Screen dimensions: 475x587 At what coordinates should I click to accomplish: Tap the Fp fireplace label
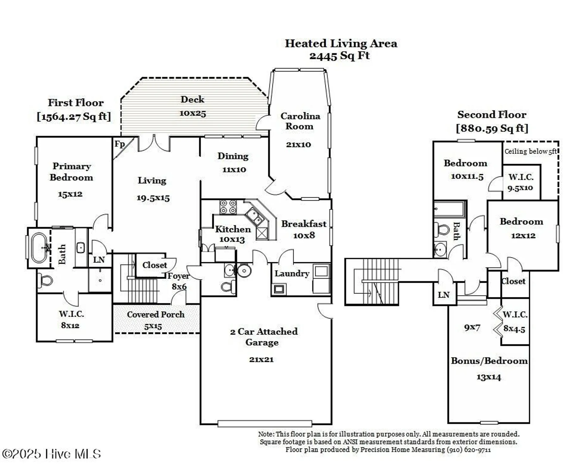[119, 144]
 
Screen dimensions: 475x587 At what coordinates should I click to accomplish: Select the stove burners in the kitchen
[228, 207]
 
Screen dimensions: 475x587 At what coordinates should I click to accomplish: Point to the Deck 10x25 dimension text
[193, 113]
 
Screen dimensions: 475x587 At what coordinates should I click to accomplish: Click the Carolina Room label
[300, 121]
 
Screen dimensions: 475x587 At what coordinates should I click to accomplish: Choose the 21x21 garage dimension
[261, 359]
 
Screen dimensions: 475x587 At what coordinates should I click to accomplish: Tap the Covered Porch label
[156, 314]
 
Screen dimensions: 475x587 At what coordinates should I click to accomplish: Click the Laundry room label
[292, 274]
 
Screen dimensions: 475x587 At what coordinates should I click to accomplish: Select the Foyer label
[178, 276]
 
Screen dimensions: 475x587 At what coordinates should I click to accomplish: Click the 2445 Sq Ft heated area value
[339, 56]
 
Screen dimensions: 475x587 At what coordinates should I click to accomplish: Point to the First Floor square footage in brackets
[74, 117]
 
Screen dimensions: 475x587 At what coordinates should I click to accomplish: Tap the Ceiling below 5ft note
[530, 151]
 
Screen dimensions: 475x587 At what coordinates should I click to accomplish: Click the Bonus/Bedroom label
[489, 361]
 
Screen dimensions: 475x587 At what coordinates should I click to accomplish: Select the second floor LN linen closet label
[443, 295]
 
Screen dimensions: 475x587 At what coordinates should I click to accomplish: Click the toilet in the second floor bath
[442, 229]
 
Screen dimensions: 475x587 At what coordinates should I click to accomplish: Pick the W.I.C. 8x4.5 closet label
[515, 321]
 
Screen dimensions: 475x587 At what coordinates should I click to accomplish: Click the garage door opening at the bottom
[265, 423]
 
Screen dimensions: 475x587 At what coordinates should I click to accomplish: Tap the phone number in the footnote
[469, 450]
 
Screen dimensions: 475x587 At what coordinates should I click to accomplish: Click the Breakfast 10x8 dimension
[304, 235]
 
